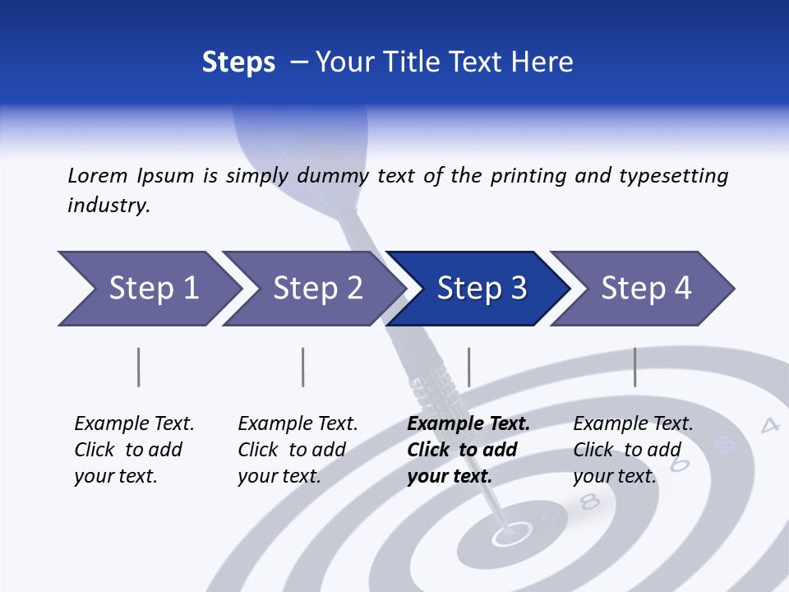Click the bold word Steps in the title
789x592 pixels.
(238, 62)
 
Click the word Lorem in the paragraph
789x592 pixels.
(97, 175)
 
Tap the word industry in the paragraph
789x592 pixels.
(108, 205)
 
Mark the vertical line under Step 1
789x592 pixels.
(139, 367)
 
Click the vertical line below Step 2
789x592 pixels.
(303, 367)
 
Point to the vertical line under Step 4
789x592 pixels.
(634, 367)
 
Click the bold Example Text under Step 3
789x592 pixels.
(468, 424)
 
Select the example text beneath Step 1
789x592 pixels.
(133, 449)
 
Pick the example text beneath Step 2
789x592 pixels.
(297, 449)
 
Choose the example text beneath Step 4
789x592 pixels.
(632, 449)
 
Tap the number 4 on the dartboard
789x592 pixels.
(769, 425)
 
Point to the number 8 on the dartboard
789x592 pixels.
(589, 501)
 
